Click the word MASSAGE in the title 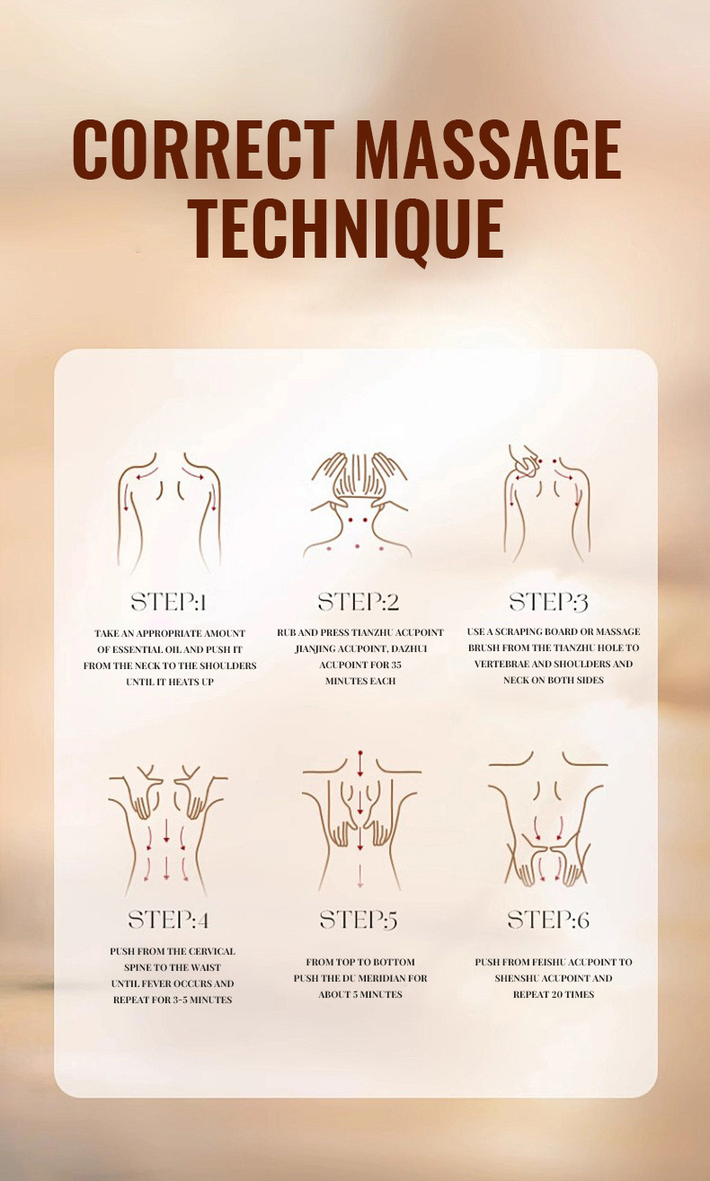click(489, 150)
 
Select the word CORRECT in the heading click(204, 150)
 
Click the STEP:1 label click(169, 602)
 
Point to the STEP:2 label click(359, 602)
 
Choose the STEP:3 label click(548, 602)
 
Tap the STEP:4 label click(169, 920)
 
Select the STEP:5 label click(359, 920)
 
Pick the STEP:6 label click(548, 920)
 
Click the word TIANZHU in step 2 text click(373, 632)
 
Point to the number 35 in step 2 click(395, 665)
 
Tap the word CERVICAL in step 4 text click(213, 951)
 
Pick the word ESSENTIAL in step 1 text click(137, 649)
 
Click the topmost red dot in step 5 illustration click(360, 754)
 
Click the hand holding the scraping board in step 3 click(524, 457)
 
